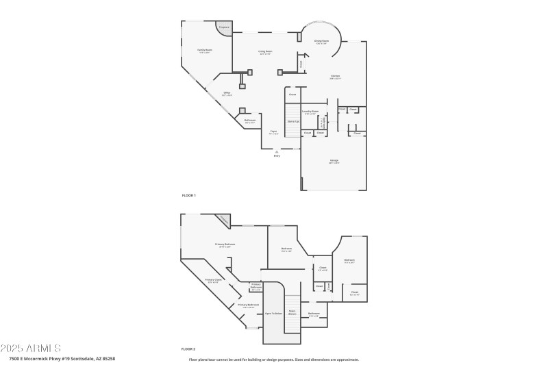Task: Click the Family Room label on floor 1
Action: pyautogui.click(x=204, y=51)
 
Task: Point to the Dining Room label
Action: pyautogui.click(x=321, y=42)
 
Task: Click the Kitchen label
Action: pyautogui.click(x=335, y=77)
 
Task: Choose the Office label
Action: pyautogui.click(x=226, y=93)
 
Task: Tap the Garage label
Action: pyautogui.click(x=334, y=162)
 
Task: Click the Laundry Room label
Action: pyautogui.click(x=310, y=112)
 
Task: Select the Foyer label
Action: pyautogui.click(x=273, y=132)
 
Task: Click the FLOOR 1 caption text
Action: pyautogui.click(x=188, y=196)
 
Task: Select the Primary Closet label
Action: pyautogui.click(x=213, y=280)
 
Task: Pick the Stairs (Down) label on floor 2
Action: pyautogui.click(x=292, y=312)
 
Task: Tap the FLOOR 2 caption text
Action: pyautogui.click(x=188, y=349)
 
